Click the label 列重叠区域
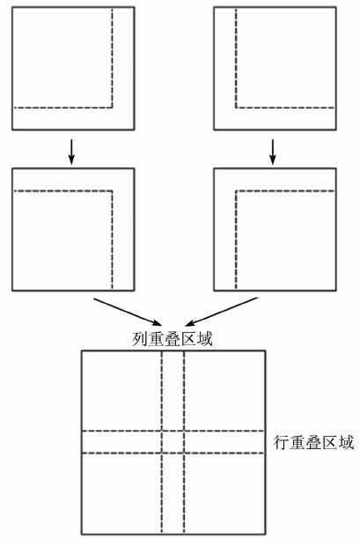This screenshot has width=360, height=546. point(173,339)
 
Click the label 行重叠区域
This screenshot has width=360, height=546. point(313,443)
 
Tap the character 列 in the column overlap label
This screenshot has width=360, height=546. point(140,339)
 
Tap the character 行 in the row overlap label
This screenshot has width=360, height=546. point(281,443)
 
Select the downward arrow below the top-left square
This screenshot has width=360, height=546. point(71,151)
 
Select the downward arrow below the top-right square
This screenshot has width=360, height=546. point(273,151)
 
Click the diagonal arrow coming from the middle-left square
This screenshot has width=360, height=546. point(128,311)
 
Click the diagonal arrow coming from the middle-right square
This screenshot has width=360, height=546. point(222,311)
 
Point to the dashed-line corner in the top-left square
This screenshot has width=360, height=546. point(112,107)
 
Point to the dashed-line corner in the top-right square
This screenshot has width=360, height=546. point(236,107)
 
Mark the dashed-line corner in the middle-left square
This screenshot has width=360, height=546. point(112,191)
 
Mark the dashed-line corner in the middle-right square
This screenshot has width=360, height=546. point(236,191)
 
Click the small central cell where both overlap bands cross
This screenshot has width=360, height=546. point(173,442)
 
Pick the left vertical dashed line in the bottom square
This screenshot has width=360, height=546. point(162,442)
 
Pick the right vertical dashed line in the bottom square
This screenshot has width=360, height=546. point(184,442)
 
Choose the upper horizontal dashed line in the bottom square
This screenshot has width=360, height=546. point(173,432)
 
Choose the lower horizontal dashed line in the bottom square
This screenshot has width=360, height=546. point(173,453)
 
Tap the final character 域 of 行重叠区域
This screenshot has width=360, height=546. point(347,443)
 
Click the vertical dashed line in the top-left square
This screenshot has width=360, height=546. point(112,58)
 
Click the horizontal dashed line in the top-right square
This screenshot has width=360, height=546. point(285,107)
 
